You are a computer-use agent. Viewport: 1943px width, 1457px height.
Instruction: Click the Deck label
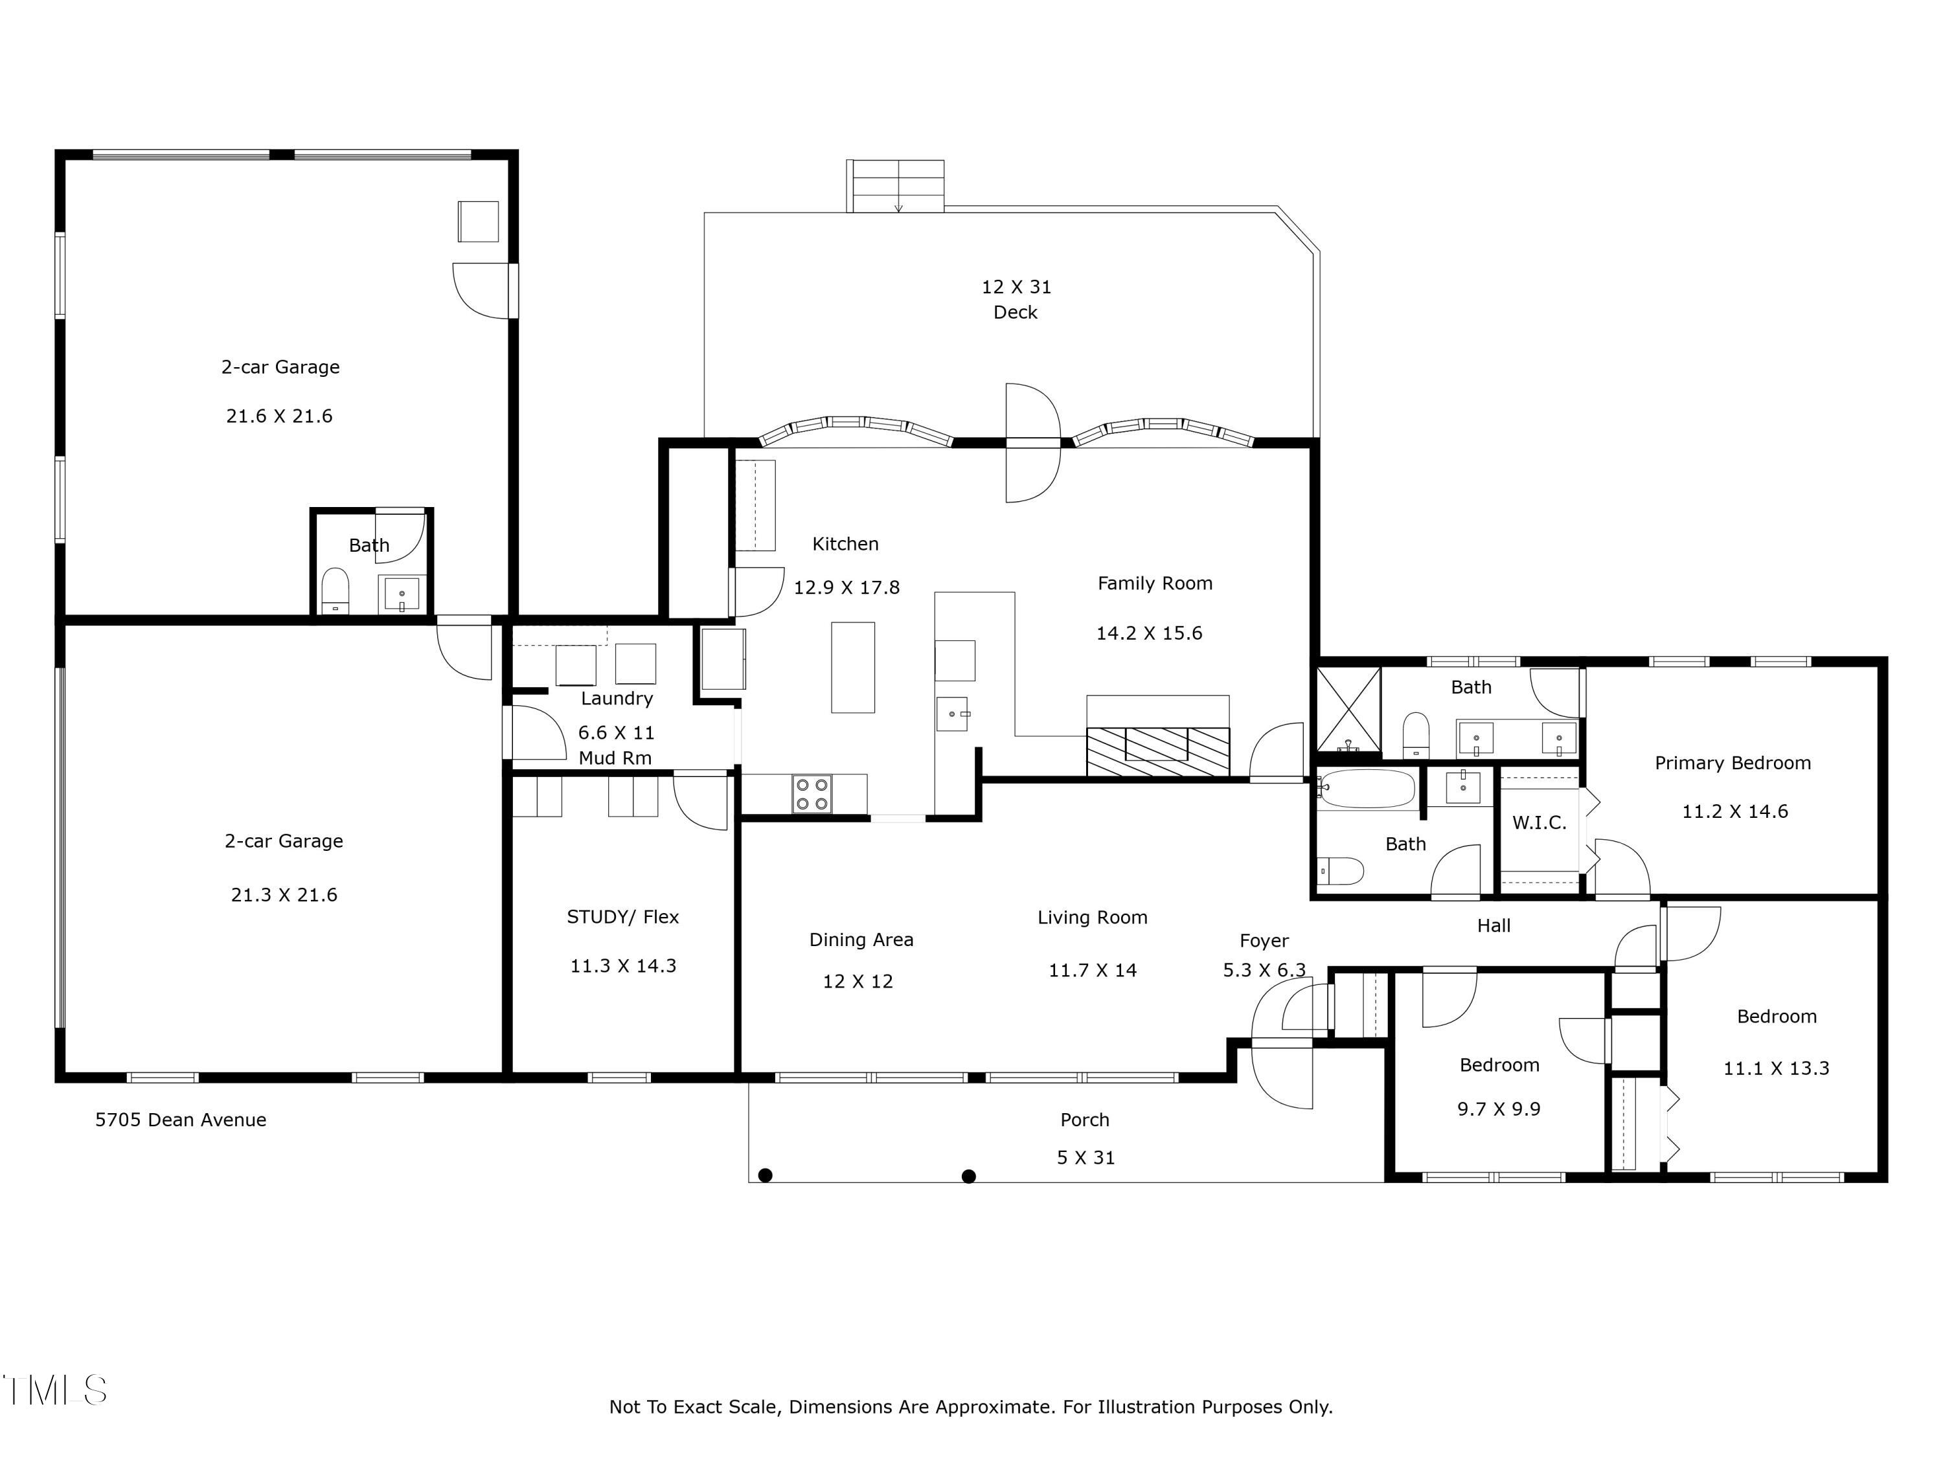coord(1016,313)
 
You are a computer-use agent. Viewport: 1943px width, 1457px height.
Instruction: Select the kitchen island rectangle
coord(853,668)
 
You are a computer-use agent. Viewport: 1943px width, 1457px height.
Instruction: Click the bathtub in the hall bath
coord(1368,789)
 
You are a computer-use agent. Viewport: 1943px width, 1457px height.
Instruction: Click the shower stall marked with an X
coord(1348,710)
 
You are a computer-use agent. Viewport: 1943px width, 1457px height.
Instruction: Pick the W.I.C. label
coord(1539,823)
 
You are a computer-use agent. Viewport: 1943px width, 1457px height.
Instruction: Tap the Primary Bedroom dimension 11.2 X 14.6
coord(1735,811)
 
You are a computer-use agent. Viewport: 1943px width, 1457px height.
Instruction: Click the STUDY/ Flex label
coord(623,917)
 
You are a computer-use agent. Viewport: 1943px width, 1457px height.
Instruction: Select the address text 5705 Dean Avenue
coord(181,1120)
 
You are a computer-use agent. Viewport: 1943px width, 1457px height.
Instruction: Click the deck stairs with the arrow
coord(895,186)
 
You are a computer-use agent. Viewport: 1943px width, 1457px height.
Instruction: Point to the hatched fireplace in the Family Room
coord(1158,752)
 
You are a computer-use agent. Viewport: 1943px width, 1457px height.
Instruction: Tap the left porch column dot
coord(765,1175)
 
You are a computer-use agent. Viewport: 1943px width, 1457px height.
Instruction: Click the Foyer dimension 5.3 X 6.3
coord(1264,971)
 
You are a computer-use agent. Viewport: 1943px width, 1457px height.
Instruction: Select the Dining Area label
coord(861,940)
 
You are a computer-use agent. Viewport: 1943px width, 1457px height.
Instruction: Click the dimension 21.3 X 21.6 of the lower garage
coord(284,895)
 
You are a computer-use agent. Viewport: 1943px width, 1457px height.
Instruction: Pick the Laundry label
coord(617,699)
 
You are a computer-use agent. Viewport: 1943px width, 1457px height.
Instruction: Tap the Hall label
coord(1494,925)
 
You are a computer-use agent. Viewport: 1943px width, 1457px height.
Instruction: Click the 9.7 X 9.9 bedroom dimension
coord(1499,1109)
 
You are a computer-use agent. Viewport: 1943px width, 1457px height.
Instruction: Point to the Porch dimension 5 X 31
coord(1085,1158)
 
